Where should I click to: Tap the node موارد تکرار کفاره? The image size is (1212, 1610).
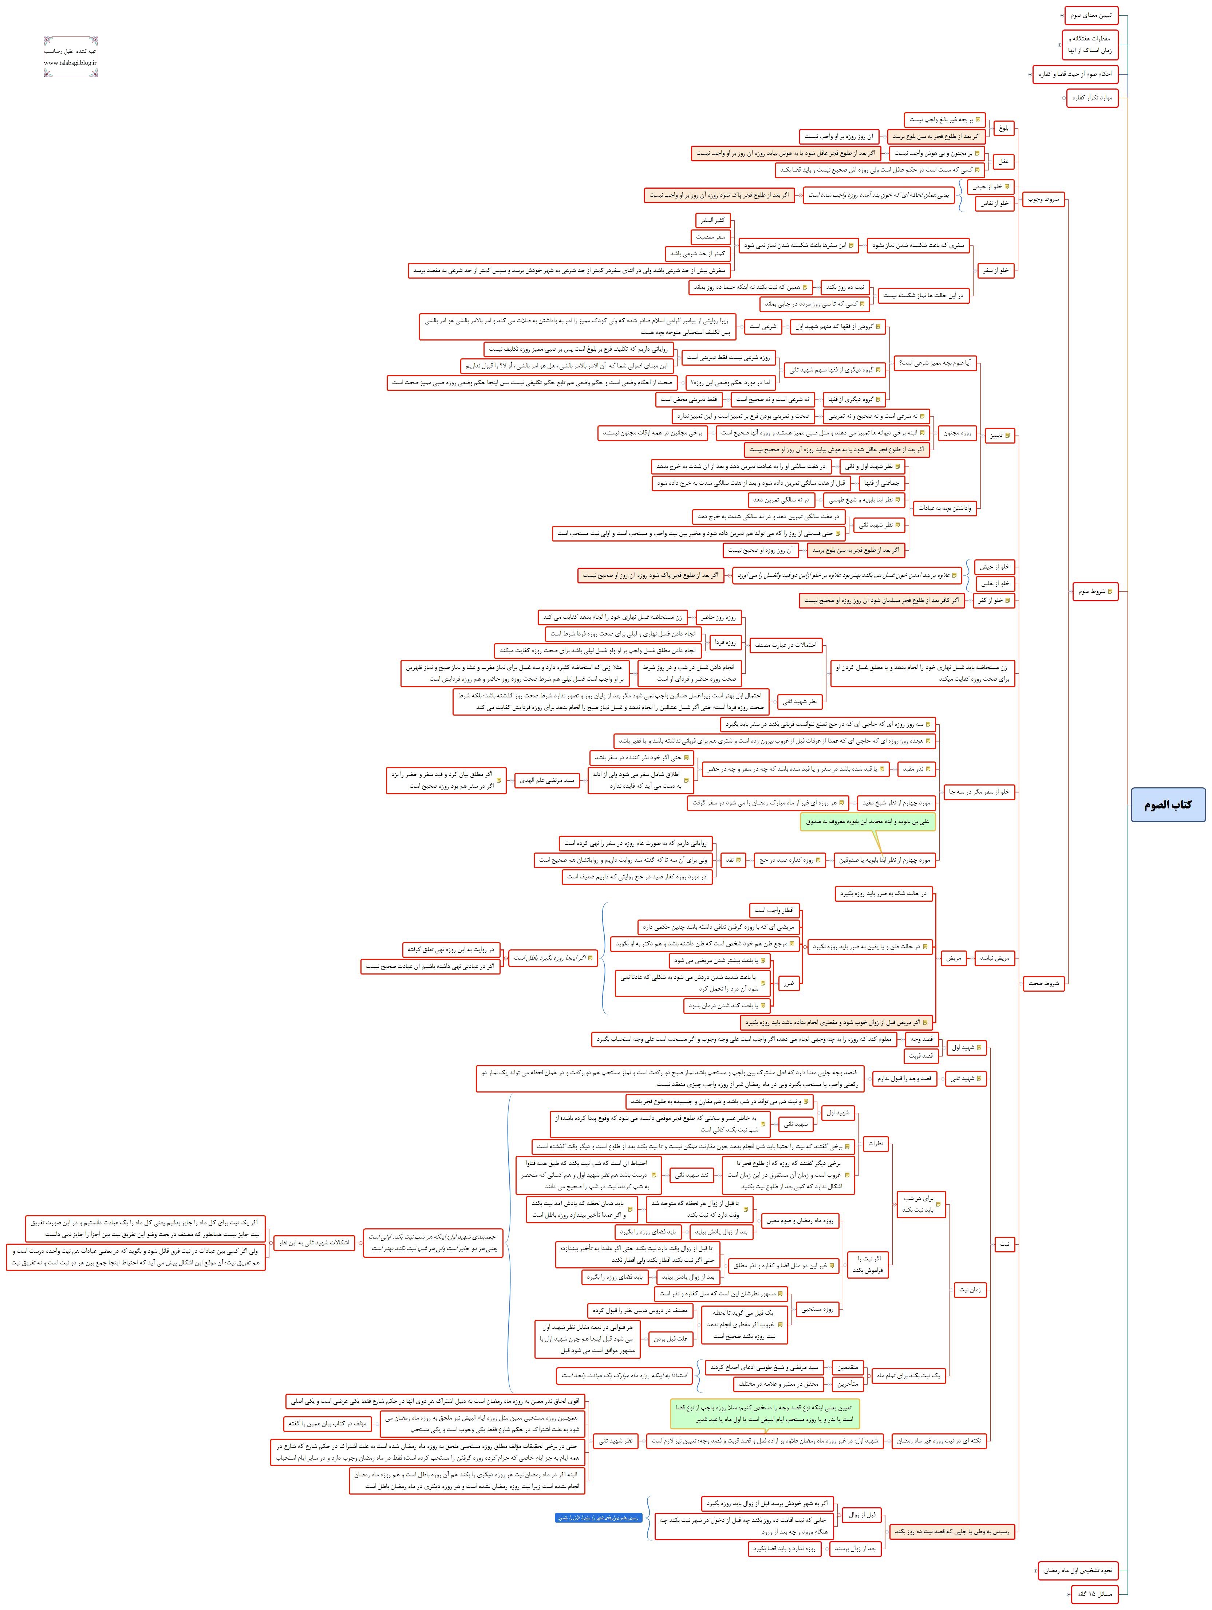click(x=1091, y=98)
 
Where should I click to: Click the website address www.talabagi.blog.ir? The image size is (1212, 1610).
click(x=71, y=63)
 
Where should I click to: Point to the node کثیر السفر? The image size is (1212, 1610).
click(x=712, y=220)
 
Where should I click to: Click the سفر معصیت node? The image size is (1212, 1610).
click(x=710, y=237)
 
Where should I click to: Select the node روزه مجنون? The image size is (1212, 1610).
click(x=957, y=433)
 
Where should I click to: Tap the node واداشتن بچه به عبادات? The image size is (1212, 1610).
click(x=946, y=508)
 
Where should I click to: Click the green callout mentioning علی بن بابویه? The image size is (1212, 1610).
click(x=868, y=822)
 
